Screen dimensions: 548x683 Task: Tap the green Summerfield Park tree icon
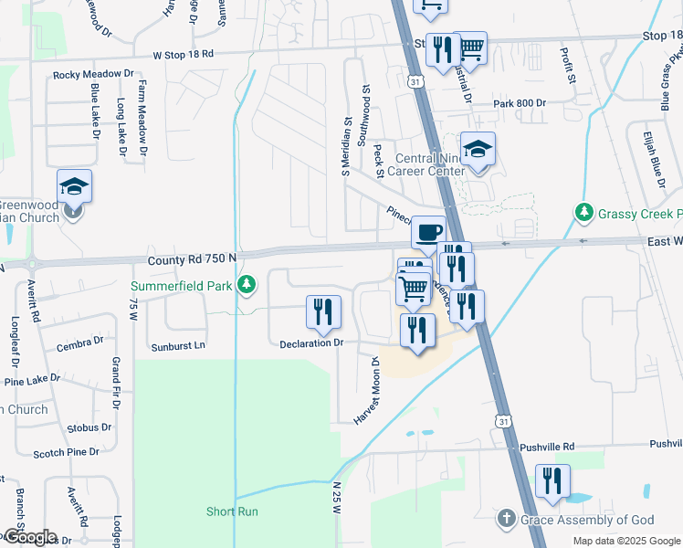click(245, 286)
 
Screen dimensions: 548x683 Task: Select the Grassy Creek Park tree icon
click(584, 213)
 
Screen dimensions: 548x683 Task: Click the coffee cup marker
click(427, 231)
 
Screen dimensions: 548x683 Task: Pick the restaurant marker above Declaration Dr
click(323, 312)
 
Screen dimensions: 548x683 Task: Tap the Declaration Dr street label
click(310, 343)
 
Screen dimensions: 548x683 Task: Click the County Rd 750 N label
click(192, 259)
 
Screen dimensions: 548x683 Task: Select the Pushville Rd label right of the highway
click(547, 447)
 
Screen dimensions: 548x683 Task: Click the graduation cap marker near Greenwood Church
click(74, 187)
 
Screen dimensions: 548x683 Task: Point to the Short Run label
click(233, 511)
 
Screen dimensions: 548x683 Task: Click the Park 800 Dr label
click(520, 104)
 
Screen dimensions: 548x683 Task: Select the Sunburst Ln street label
click(178, 346)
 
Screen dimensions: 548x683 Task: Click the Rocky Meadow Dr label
click(93, 74)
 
